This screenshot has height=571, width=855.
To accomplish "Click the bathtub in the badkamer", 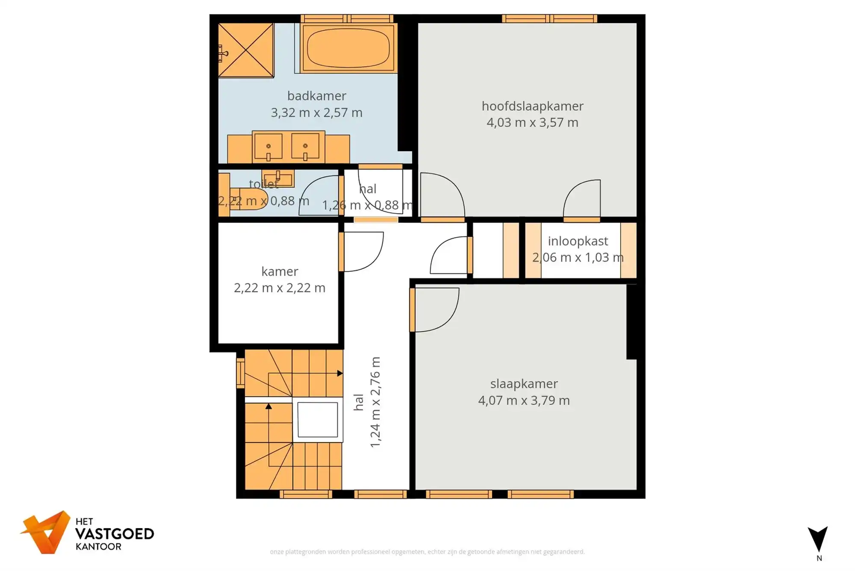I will [348, 48].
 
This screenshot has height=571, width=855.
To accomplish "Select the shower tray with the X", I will [246, 50].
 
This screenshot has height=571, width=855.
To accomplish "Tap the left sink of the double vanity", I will [268, 146].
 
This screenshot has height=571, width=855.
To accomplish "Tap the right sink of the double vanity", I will [305, 146].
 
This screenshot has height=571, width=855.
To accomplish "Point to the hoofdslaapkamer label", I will [532, 106].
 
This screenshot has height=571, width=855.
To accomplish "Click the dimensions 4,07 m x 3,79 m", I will [524, 401].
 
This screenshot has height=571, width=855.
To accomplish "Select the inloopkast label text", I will [578, 241].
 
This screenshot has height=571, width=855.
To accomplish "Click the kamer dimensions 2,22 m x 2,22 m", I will [280, 288].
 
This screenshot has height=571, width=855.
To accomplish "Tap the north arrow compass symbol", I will [818, 540].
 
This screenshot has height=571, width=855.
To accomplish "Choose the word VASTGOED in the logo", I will [115, 534].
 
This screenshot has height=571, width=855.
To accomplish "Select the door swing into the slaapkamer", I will [436, 309].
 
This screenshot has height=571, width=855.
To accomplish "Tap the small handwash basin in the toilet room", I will [278, 178].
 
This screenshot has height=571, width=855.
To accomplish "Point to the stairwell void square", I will [318, 419].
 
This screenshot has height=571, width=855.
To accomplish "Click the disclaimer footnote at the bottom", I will [427, 552].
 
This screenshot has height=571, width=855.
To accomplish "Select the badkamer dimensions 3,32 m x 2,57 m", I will [316, 113].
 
